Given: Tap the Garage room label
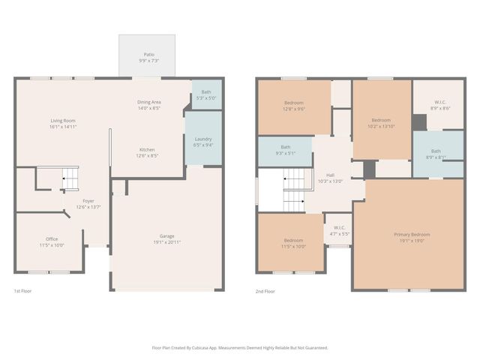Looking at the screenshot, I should point(166,236).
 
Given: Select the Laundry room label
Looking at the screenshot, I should point(202,139).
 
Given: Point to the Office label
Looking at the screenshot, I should point(52,239).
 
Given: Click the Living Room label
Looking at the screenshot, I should point(63,121).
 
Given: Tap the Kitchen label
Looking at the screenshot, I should point(146,149).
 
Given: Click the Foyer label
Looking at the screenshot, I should point(88,201).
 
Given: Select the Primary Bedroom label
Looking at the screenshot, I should point(409,235).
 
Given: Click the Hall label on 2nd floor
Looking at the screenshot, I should point(330,175).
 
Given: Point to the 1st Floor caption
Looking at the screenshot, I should point(23,291).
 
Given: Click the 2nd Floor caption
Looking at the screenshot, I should point(265,291).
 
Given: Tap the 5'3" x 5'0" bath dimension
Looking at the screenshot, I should point(205,98).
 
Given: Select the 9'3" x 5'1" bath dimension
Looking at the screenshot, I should point(285,153).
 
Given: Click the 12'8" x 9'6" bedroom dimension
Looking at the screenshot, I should point(293,109).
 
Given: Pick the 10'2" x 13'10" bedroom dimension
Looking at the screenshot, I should point(381,126).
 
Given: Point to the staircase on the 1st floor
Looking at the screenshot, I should point(69,179).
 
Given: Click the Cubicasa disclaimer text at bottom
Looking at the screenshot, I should point(240,347).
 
